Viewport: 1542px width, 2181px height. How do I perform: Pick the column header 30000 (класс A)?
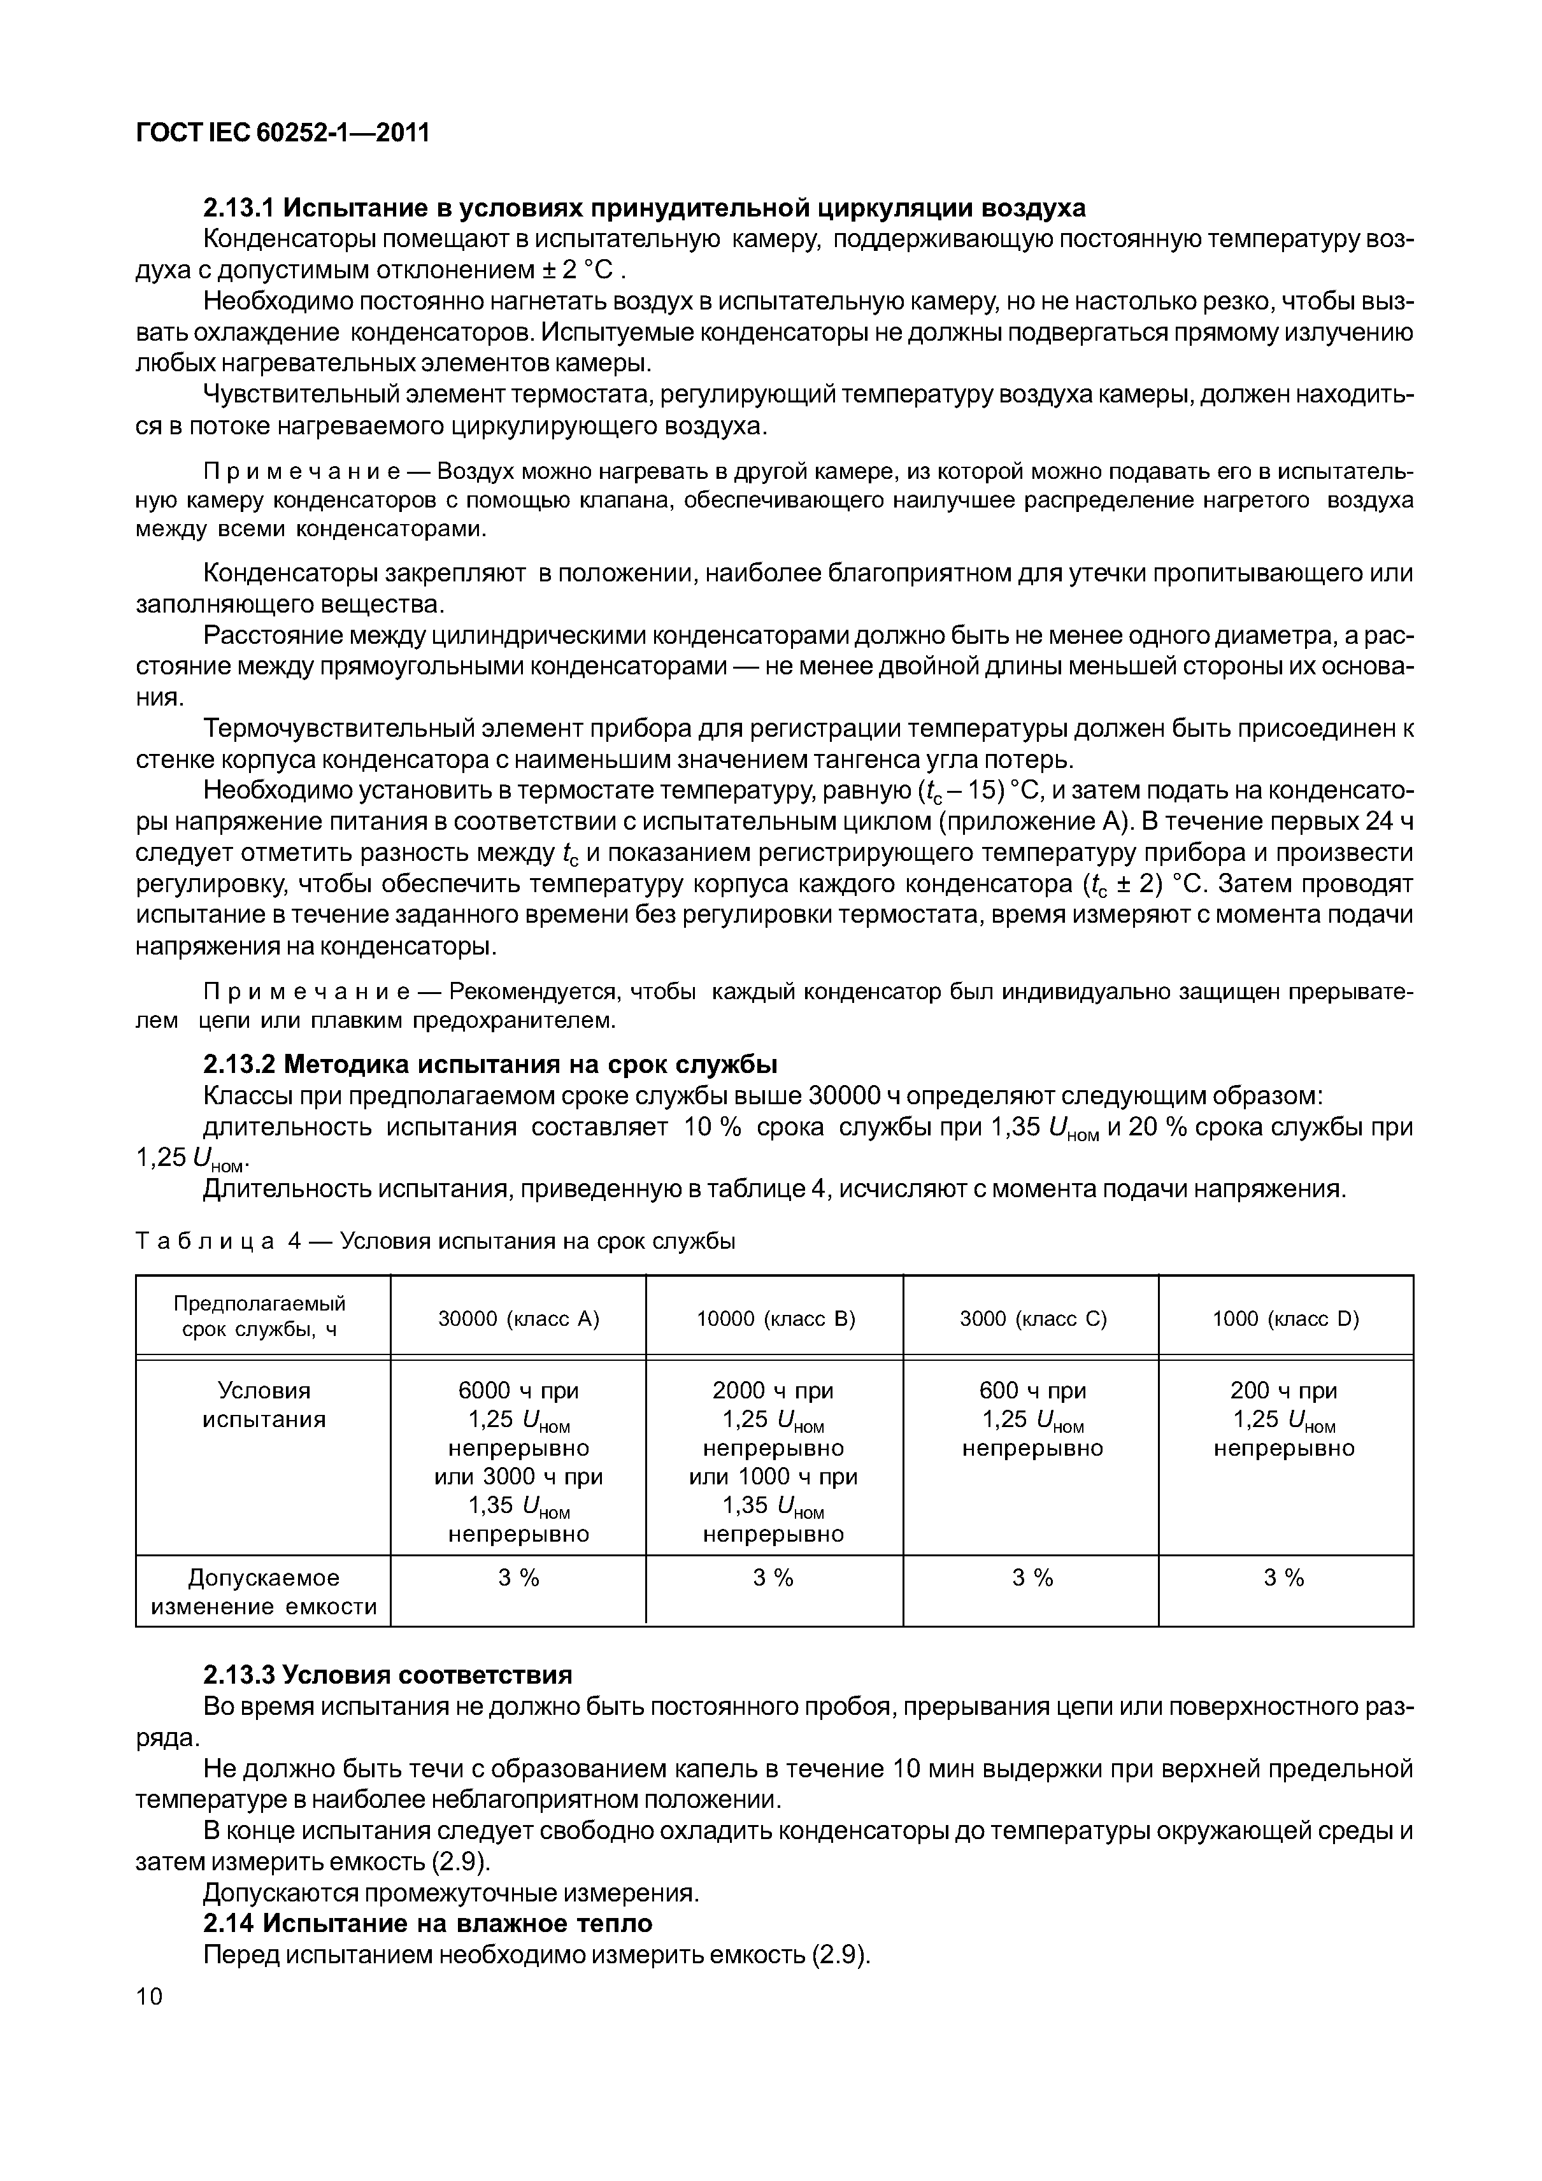[518, 1319]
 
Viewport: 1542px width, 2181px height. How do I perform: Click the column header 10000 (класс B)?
[775, 1319]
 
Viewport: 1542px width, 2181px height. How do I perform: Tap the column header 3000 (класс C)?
[1032, 1319]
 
